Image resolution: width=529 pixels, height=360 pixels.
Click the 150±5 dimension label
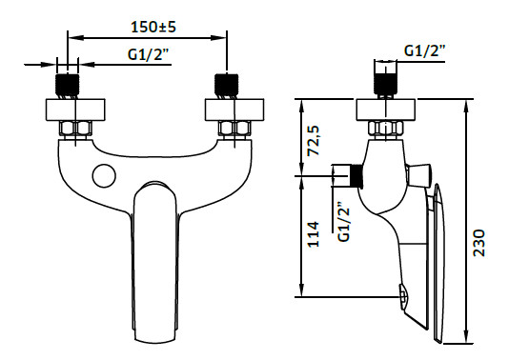coord(153,27)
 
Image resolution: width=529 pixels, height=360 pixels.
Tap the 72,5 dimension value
coord(314,140)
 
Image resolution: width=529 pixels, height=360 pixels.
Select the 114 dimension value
coord(314,234)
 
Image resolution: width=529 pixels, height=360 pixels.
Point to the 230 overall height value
coord(479,243)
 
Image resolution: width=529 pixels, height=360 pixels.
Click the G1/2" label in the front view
coord(148,54)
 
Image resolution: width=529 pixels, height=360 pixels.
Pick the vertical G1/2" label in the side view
coord(344,222)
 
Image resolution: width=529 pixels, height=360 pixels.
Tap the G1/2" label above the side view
coord(425,50)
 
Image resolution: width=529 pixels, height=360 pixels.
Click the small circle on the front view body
coord(104,175)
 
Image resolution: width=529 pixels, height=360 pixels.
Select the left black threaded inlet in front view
coord(67,86)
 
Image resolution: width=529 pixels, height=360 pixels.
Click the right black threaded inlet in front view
coord(227,86)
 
